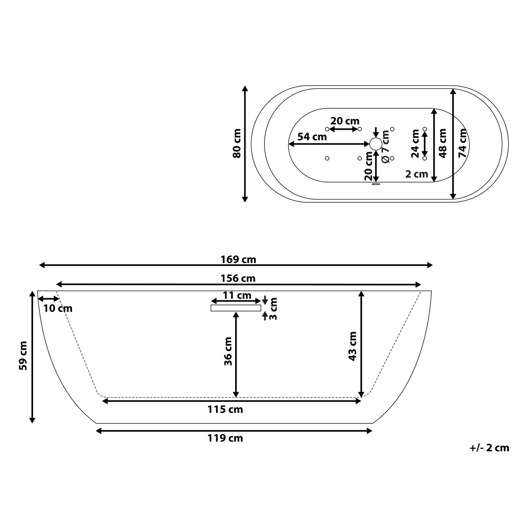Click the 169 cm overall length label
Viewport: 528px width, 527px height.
(x=238, y=260)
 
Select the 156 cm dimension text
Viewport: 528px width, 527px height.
(x=238, y=279)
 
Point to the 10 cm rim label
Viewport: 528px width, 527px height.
(x=58, y=308)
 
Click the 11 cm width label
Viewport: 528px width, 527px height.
(x=237, y=295)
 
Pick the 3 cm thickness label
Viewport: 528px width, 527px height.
(x=273, y=309)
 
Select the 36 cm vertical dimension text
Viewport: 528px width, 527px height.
(x=228, y=351)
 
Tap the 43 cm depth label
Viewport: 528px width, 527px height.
(x=352, y=346)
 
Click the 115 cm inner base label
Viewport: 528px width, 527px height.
(x=225, y=410)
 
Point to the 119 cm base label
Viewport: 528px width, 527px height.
(x=225, y=438)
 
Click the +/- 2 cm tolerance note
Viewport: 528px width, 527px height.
(x=489, y=448)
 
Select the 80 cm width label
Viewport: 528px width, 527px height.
(x=236, y=144)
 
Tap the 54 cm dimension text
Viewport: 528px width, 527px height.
(x=312, y=137)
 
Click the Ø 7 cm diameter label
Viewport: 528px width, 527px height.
(x=386, y=147)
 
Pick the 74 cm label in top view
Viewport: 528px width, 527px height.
(x=462, y=143)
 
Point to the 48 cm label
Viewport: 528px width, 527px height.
(x=443, y=143)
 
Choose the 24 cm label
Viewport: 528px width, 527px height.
(x=415, y=143)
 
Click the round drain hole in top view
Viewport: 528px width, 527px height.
(x=375, y=144)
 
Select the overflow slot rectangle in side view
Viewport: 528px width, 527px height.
(x=236, y=308)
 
